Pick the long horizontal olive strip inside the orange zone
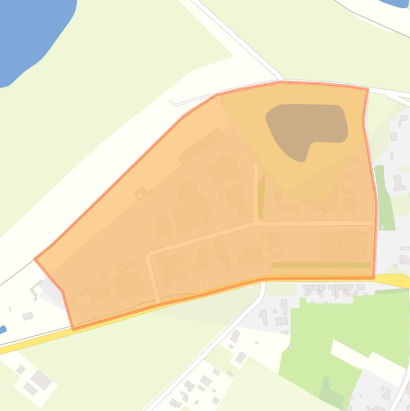pyautogui.click(x=320, y=265)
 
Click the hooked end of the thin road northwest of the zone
pyautogui.click(x=172, y=102)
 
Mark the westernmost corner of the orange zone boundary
pyautogui.click(x=35, y=259)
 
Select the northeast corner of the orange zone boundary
pyautogui.click(x=368, y=89)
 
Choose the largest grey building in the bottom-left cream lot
pyautogui.click(x=41, y=380)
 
